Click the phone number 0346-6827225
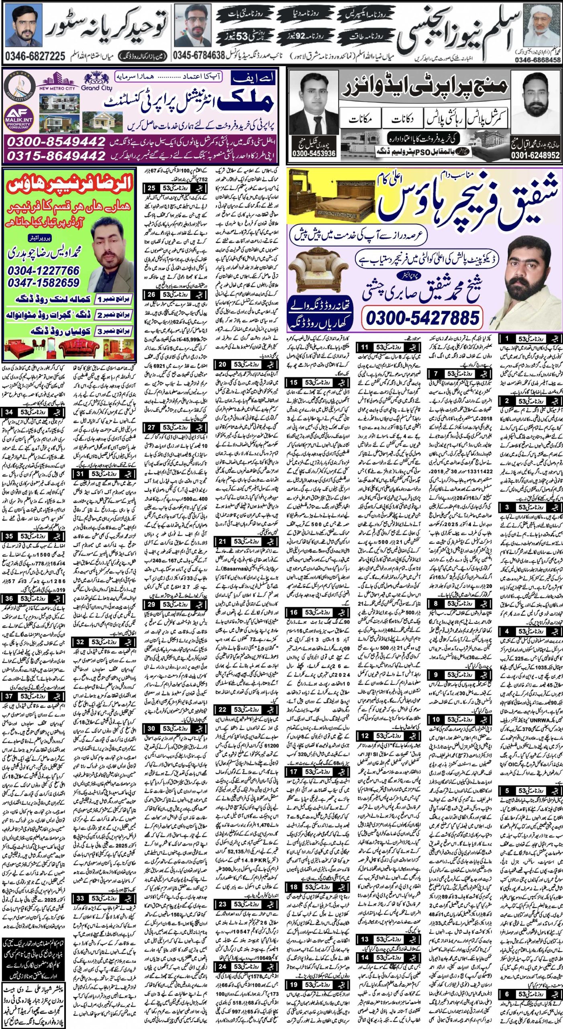tap(35, 56)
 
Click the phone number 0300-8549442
tap(56, 141)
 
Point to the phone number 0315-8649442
tap(56, 155)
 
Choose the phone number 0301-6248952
tap(535, 155)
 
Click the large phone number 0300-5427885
tap(422, 318)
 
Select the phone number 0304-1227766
tap(43, 270)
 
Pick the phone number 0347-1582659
tap(43, 283)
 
